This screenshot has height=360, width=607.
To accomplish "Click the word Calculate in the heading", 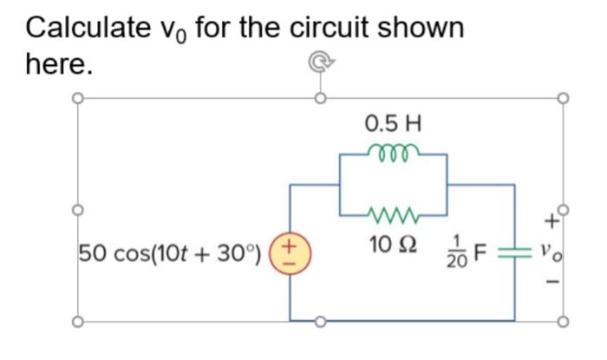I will point(82,28).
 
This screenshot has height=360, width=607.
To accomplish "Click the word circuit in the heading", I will point(338,28).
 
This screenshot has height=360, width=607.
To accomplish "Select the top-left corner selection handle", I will point(77,98).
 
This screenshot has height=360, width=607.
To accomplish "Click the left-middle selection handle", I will point(77,210).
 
